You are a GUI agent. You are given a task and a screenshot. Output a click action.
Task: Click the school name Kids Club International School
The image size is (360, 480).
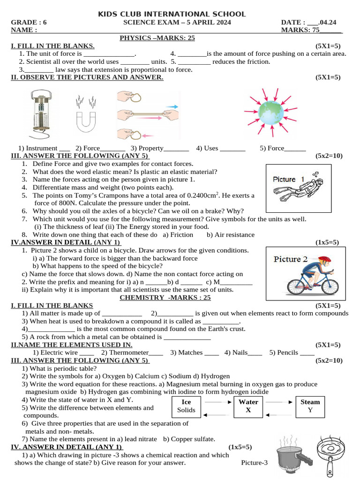(171, 15)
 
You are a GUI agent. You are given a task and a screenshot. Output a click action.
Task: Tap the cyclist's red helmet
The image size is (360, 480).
(324, 259)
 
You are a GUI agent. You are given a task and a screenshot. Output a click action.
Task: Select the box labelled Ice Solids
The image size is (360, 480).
(186, 406)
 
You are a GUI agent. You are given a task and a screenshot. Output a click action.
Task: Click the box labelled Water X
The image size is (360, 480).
(248, 406)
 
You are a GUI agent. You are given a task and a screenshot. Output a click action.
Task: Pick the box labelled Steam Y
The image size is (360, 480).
(310, 406)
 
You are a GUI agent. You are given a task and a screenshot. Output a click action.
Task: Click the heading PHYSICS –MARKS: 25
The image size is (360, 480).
(157, 38)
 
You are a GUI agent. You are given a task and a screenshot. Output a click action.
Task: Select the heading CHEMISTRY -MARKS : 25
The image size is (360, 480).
(165, 297)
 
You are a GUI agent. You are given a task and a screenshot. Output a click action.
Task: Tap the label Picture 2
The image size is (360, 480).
(291, 259)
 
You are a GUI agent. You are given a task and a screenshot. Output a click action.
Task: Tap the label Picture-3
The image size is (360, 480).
(254, 463)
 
